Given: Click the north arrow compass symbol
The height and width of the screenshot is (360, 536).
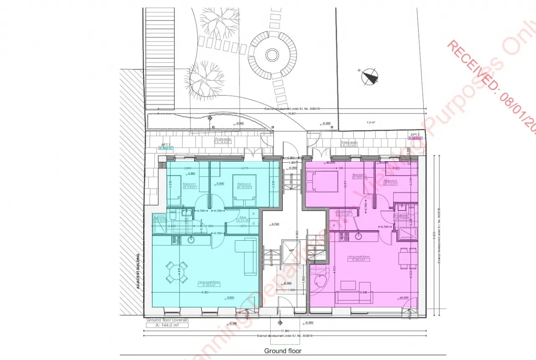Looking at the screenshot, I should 370,77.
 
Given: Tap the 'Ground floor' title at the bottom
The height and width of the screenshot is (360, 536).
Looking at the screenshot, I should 283,351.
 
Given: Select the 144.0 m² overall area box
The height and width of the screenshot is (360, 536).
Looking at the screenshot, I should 167,325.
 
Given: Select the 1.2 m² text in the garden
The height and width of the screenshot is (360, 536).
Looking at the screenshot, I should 370,123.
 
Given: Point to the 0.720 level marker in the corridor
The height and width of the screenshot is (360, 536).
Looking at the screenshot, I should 275,225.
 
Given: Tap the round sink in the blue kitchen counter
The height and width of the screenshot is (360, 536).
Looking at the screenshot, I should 191,240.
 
